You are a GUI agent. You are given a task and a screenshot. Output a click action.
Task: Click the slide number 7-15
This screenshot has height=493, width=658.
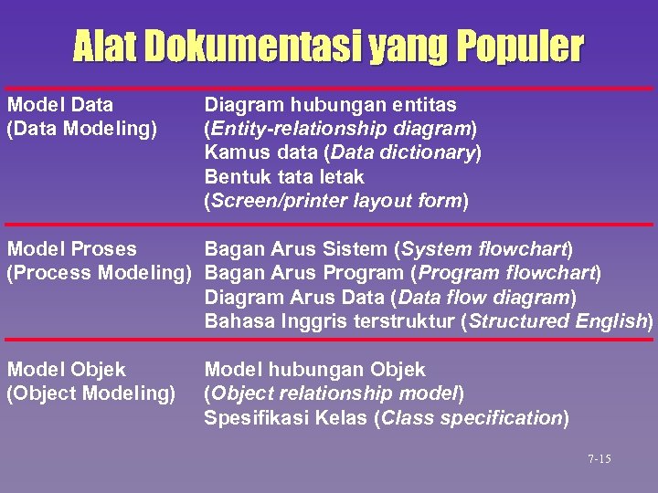pyautogui.click(x=600, y=458)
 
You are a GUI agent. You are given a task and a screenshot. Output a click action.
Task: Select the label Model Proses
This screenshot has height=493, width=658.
pyautogui.click(x=71, y=248)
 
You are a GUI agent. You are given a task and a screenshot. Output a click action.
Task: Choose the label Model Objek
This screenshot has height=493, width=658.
pyautogui.click(x=66, y=370)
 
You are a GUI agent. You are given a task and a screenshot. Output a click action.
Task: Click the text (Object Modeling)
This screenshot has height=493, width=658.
pyautogui.click(x=90, y=393)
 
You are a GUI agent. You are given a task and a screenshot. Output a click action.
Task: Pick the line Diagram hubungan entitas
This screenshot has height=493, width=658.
pyautogui.click(x=330, y=105)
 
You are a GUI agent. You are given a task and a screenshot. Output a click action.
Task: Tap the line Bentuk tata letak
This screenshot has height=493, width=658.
pyautogui.click(x=284, y=176)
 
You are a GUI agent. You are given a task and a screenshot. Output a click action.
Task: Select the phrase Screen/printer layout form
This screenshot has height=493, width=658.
pyautogui.click(x=336, y=200)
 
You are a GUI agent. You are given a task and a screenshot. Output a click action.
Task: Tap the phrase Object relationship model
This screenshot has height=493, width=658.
pyautogui.click(x=334, y=393)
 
